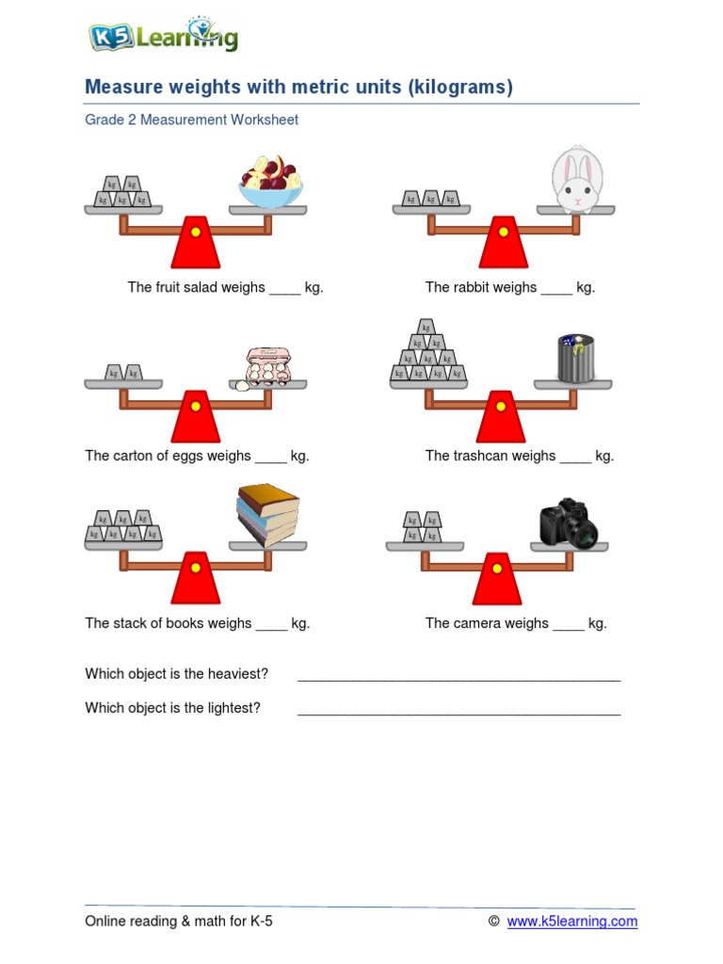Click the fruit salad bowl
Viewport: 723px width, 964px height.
coord(270,184)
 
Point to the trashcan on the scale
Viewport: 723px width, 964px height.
coord(574,360)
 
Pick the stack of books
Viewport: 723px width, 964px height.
coord(268,514)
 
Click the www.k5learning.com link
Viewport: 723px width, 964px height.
coord(571,922)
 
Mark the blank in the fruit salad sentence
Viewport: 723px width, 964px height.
coord(284,289)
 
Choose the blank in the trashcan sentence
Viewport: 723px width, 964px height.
coord(575,457)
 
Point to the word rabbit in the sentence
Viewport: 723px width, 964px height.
coord(480,288)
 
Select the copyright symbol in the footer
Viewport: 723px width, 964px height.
coord(493,922)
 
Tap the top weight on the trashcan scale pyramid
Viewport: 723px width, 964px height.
coord(427,328)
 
